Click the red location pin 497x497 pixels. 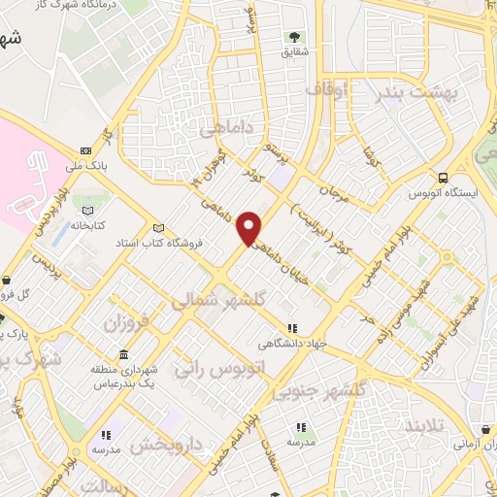click(x=250, y=226)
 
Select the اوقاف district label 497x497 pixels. click(x=326, y=89)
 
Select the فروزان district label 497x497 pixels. click(x=129, y=321)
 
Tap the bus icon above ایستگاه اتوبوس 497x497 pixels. click(x=444, y=178)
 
